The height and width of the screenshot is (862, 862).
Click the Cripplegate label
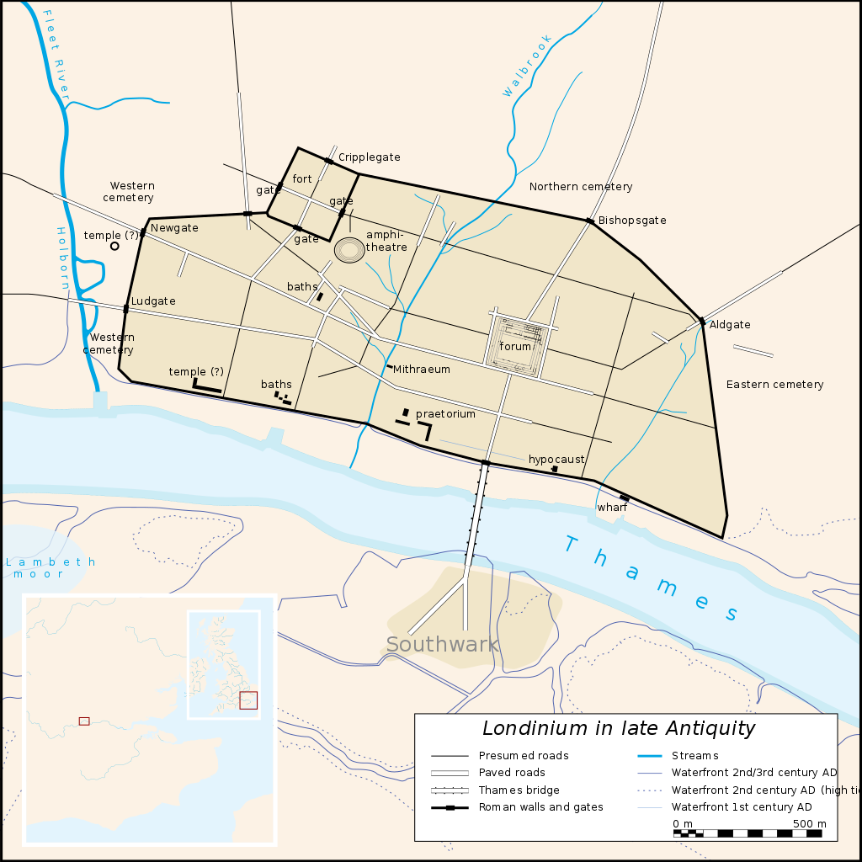pos(369,157)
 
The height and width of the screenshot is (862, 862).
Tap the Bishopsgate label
pos(632,221)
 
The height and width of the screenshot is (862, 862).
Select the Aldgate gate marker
pos(702,321)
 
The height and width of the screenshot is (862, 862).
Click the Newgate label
pos(174,228)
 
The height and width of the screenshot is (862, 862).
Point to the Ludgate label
pos(153,301)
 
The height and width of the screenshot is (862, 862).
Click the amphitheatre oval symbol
pos(349,250)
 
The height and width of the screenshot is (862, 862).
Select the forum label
pos(515,346)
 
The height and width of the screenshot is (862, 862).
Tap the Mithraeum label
pos(421,369)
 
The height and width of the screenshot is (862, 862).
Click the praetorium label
pos(445,414)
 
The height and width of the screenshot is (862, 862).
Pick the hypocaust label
pos(556,459)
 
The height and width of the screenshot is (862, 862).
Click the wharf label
pos(612,508)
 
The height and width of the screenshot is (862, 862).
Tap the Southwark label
pos(443,645)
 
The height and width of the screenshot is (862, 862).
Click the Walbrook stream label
pos(527,66)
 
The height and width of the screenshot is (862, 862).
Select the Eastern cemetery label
pos(774,385)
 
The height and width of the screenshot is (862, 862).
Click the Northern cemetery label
pos(581,187)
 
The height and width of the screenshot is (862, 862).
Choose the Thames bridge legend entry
pos(519,790)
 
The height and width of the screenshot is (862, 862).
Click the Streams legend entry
pos(694,756)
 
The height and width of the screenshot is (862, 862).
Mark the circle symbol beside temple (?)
pos(114,246)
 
